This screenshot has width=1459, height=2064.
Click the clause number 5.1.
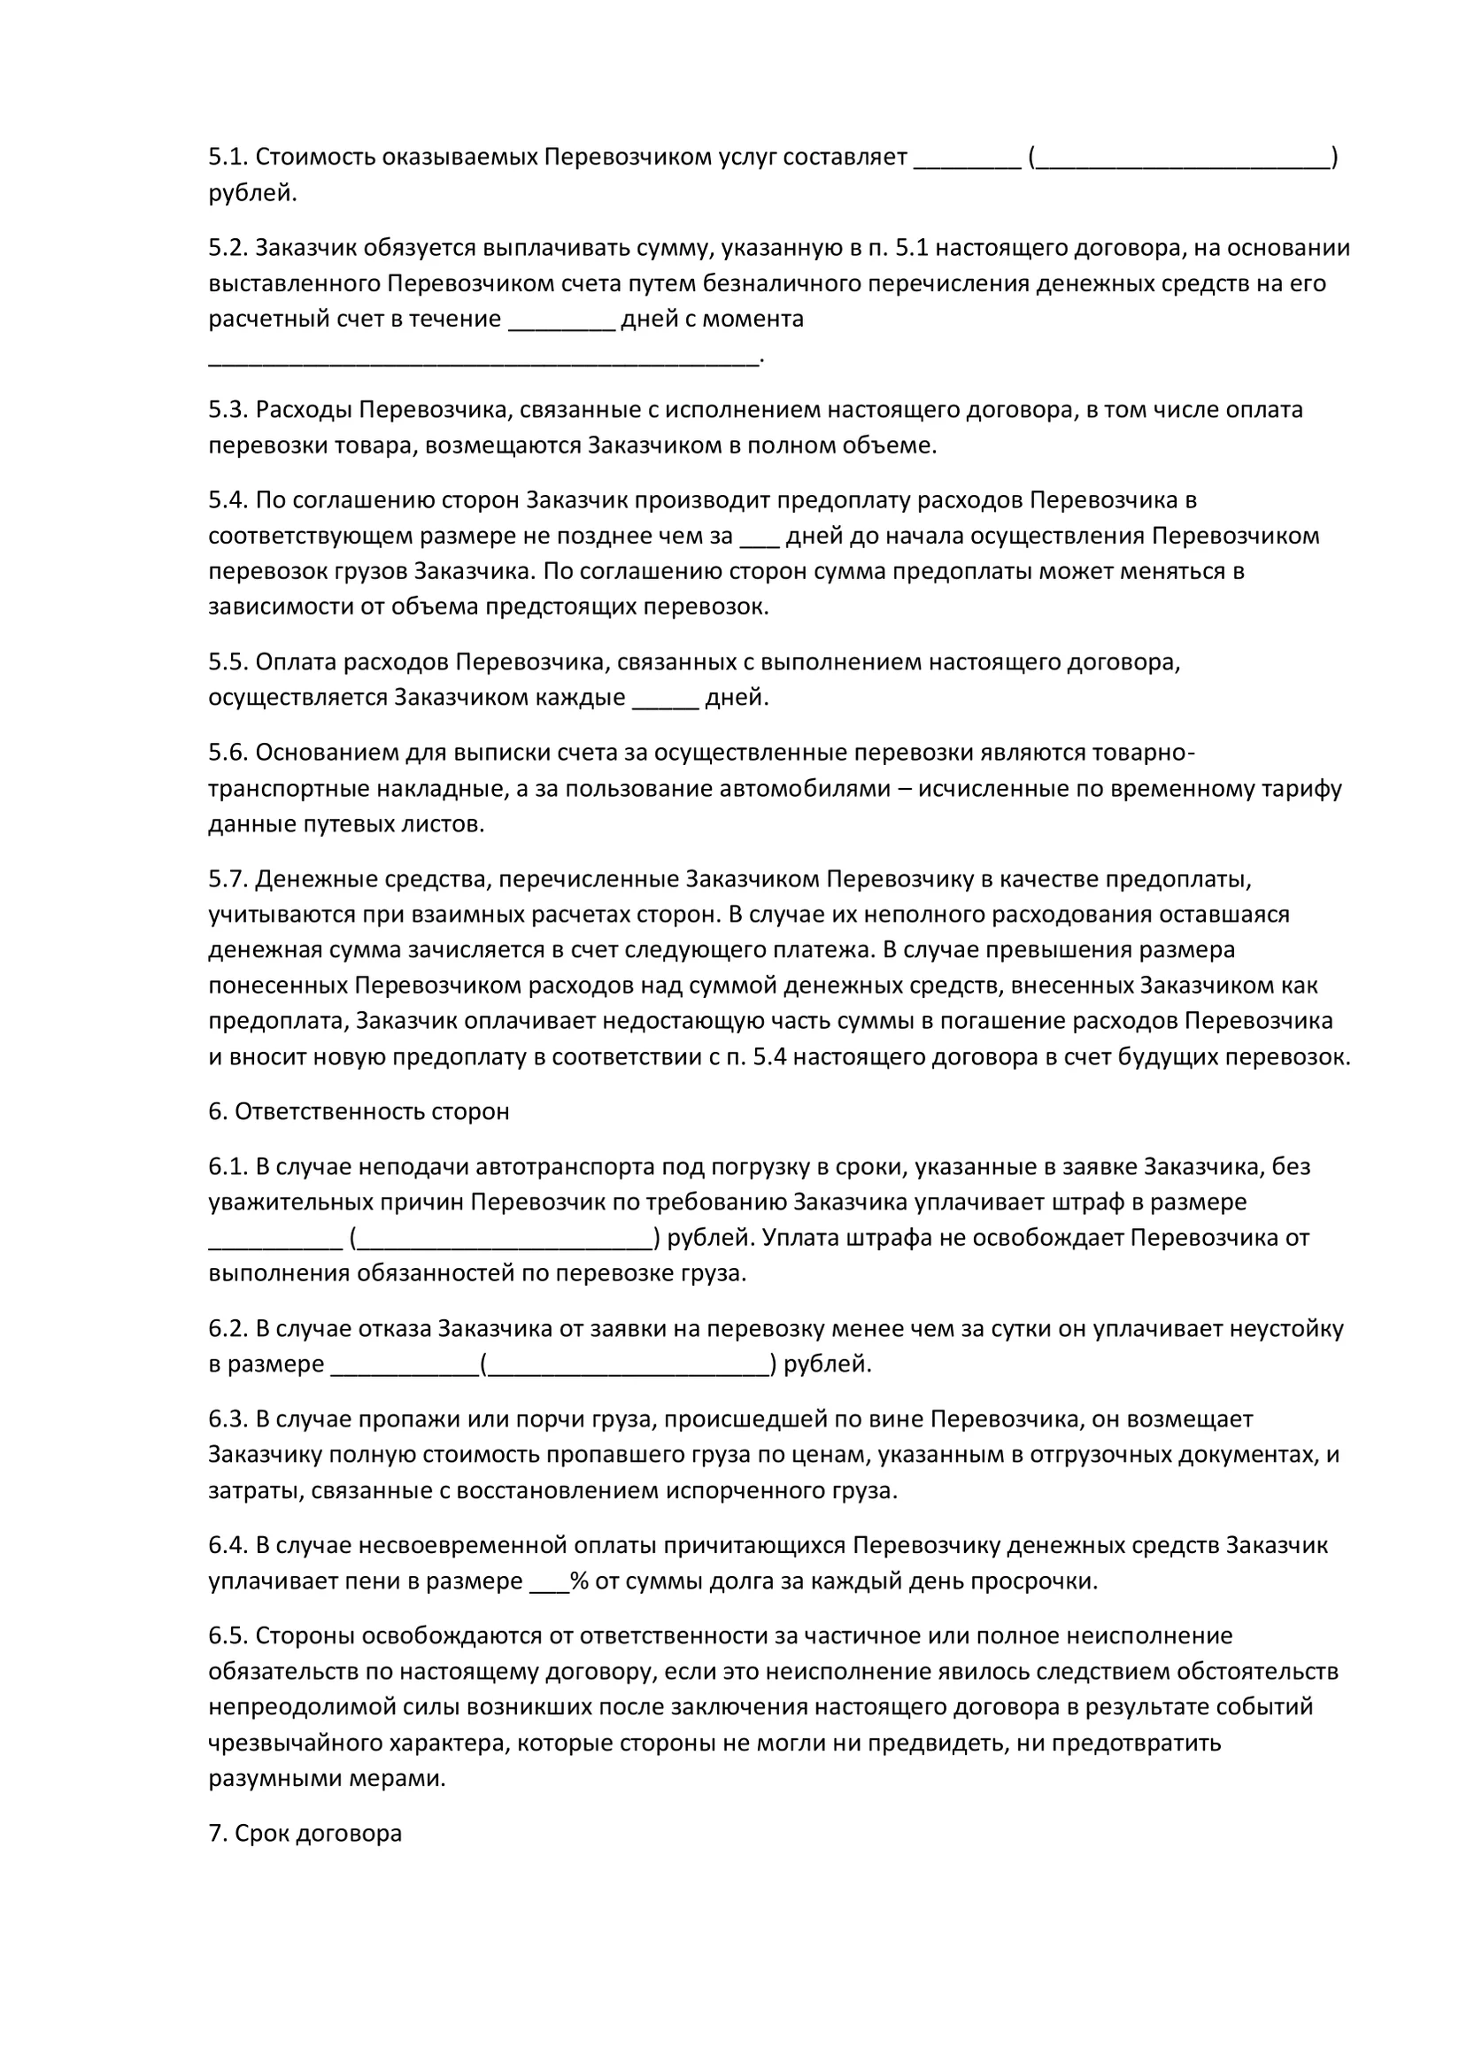point(228,158)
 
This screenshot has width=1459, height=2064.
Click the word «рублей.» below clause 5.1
point(252,193)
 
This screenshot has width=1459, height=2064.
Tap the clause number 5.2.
point(228,247)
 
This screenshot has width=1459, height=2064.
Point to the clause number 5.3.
point(228,410)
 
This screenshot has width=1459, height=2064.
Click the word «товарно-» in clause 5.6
point(1142,753)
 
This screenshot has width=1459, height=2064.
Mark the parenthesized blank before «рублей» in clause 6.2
point(628,1364)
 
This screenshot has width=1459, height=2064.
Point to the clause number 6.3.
point(228,1419)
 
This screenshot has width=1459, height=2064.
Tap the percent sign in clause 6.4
point(579,1581)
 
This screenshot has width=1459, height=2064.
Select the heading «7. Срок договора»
point(305,1833)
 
